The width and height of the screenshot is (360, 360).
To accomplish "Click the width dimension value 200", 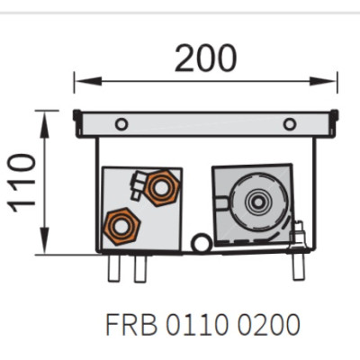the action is [206, 58].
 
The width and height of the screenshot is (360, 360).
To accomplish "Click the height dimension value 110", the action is [22, 183].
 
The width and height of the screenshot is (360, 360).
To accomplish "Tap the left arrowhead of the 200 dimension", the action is [87, 81].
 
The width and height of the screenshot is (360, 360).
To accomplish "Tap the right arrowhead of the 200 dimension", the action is [323, 81].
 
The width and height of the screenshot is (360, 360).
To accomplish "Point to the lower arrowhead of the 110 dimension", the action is [45, 240].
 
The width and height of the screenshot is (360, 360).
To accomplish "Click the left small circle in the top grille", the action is [121, 124].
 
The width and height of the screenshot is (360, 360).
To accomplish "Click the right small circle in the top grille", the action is [290, 124].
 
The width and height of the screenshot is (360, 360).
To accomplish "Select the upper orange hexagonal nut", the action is [162, 188].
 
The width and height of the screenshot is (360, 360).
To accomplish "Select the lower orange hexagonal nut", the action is [121, 227].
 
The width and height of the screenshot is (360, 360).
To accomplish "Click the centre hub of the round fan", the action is [258, 202].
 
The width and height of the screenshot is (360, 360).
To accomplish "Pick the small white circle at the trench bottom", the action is [202, 243].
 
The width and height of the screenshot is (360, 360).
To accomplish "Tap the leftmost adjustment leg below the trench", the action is [113, 268].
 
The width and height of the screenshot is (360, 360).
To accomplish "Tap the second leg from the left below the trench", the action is [140, 268].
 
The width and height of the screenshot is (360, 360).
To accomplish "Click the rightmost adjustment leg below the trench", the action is [299, 266].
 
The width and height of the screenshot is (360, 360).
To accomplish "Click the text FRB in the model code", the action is [131, 324].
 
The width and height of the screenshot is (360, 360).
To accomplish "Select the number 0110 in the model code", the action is [196, 324].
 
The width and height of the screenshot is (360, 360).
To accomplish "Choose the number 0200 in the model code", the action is [269, 324].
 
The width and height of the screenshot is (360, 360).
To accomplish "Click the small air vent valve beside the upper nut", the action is [138, 186].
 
